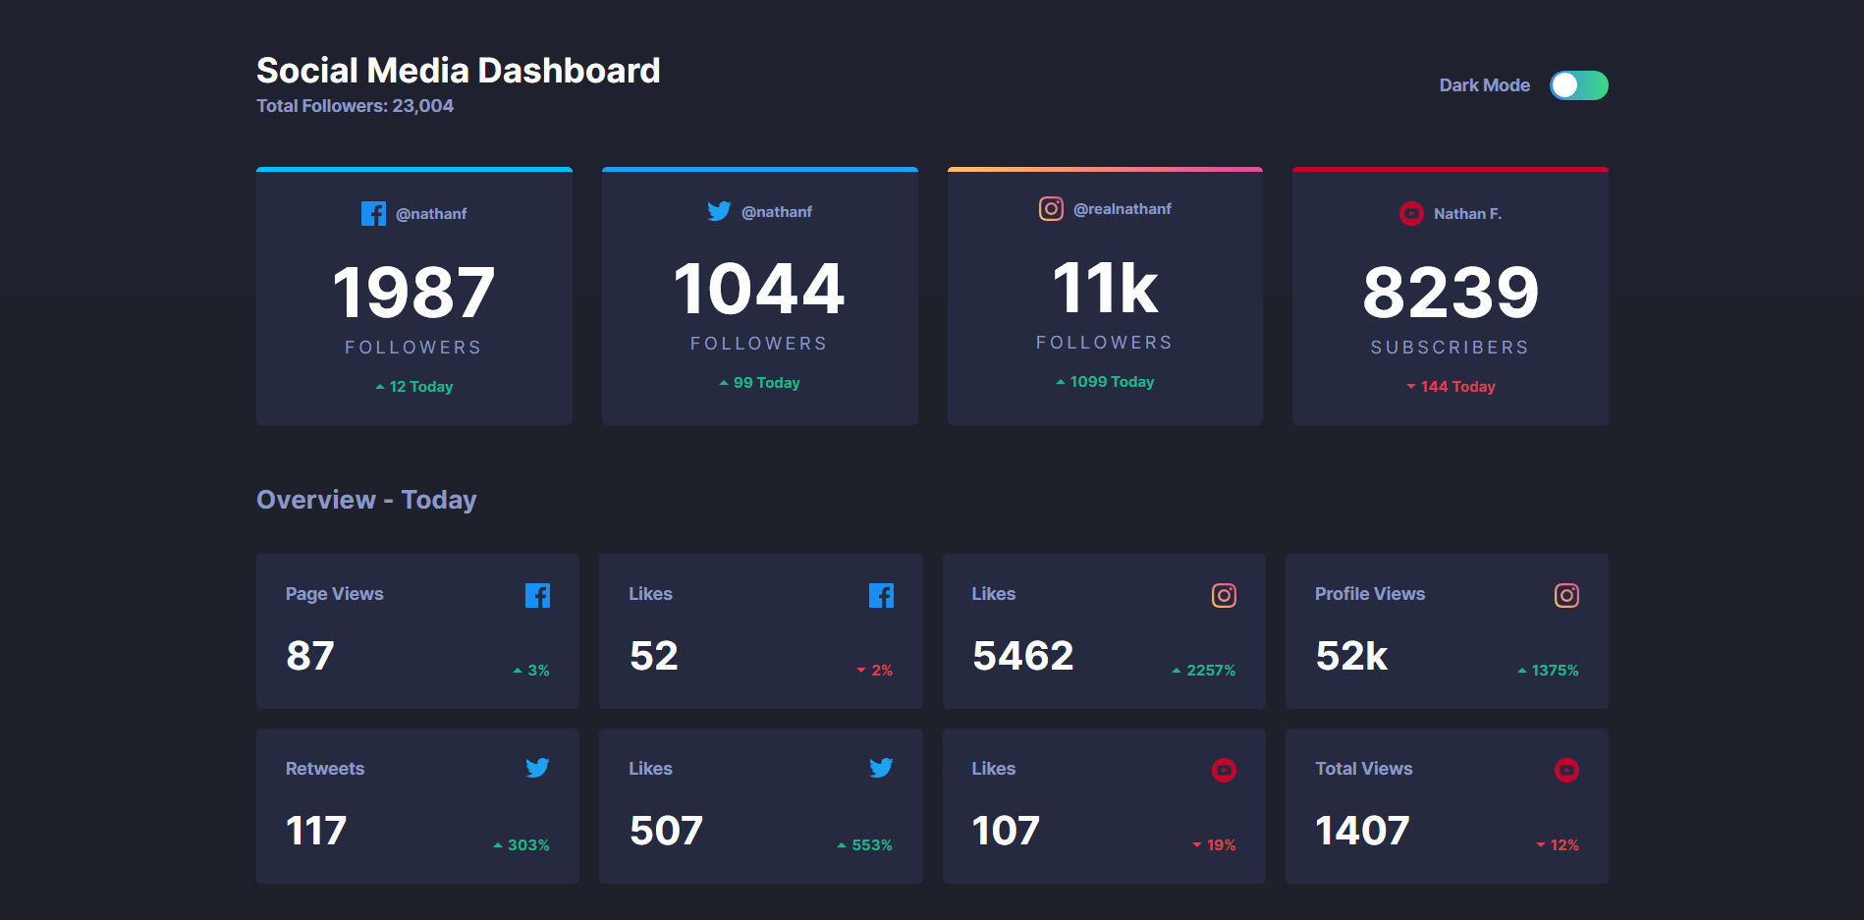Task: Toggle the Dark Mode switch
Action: pos(1578,85)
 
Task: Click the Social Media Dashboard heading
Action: pos(458,71)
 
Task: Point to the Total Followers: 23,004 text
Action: pos(355,106)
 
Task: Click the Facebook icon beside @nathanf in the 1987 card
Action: pos(373,213)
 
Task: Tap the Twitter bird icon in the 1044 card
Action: pos(719,211)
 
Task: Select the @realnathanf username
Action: pos(1122,209)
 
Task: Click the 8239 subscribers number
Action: pos(1450,293)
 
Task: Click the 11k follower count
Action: pos(1105,289)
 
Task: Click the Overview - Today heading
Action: pos(366,500)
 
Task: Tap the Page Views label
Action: pos(334,594)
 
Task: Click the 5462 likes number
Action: pos(1022,656)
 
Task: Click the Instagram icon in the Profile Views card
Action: pos(1566,595)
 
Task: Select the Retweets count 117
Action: pos(315,831)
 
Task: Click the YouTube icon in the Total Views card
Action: pos(1566,770)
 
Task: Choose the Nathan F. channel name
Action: pos(1466,214)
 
